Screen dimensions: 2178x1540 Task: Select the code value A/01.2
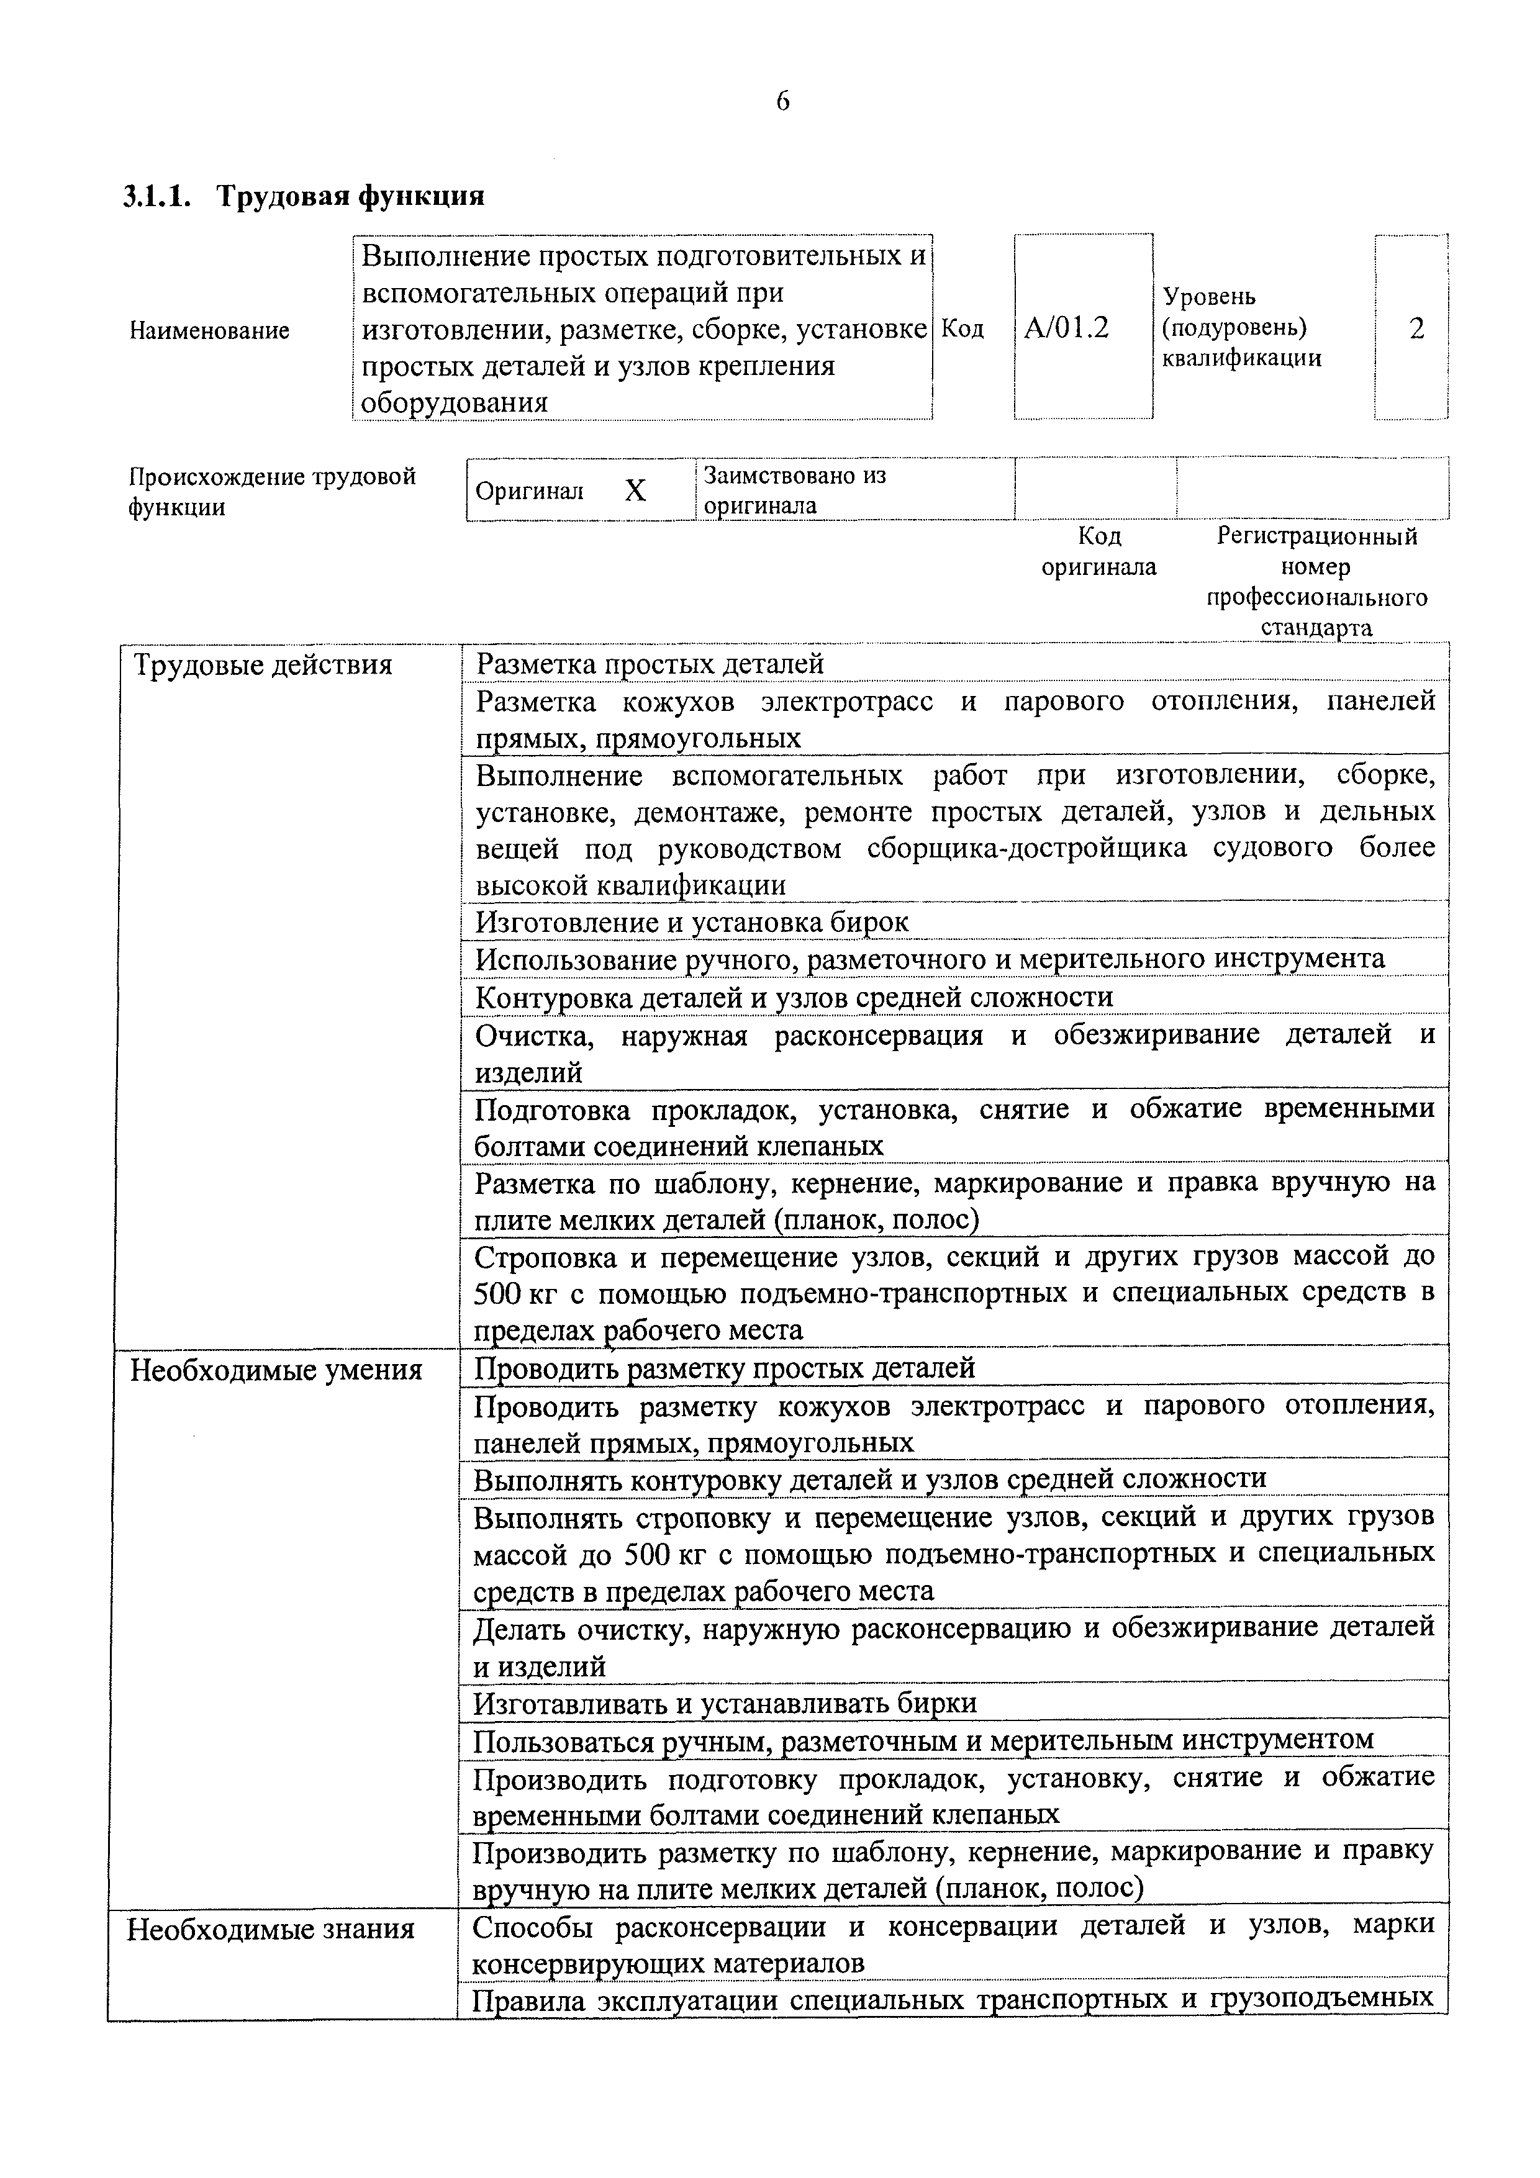[1067, 328]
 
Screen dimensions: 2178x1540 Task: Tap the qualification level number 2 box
[1416, 328]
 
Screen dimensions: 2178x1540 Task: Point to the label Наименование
[209, 331]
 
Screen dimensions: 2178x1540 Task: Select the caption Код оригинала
[1098, 551]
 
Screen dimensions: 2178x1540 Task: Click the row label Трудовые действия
[263, 665]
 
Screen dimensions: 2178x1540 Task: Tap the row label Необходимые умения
[275, 1370]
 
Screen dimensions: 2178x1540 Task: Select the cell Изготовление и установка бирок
[692, 921]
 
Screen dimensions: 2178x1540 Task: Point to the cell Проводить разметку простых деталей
[724, 1368]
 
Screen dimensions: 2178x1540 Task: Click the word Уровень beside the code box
[1209, 297]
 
